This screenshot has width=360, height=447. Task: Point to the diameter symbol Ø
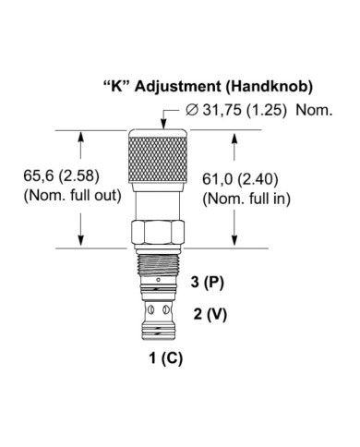coord(191,111)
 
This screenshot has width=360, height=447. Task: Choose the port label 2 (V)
coord(210,313)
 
